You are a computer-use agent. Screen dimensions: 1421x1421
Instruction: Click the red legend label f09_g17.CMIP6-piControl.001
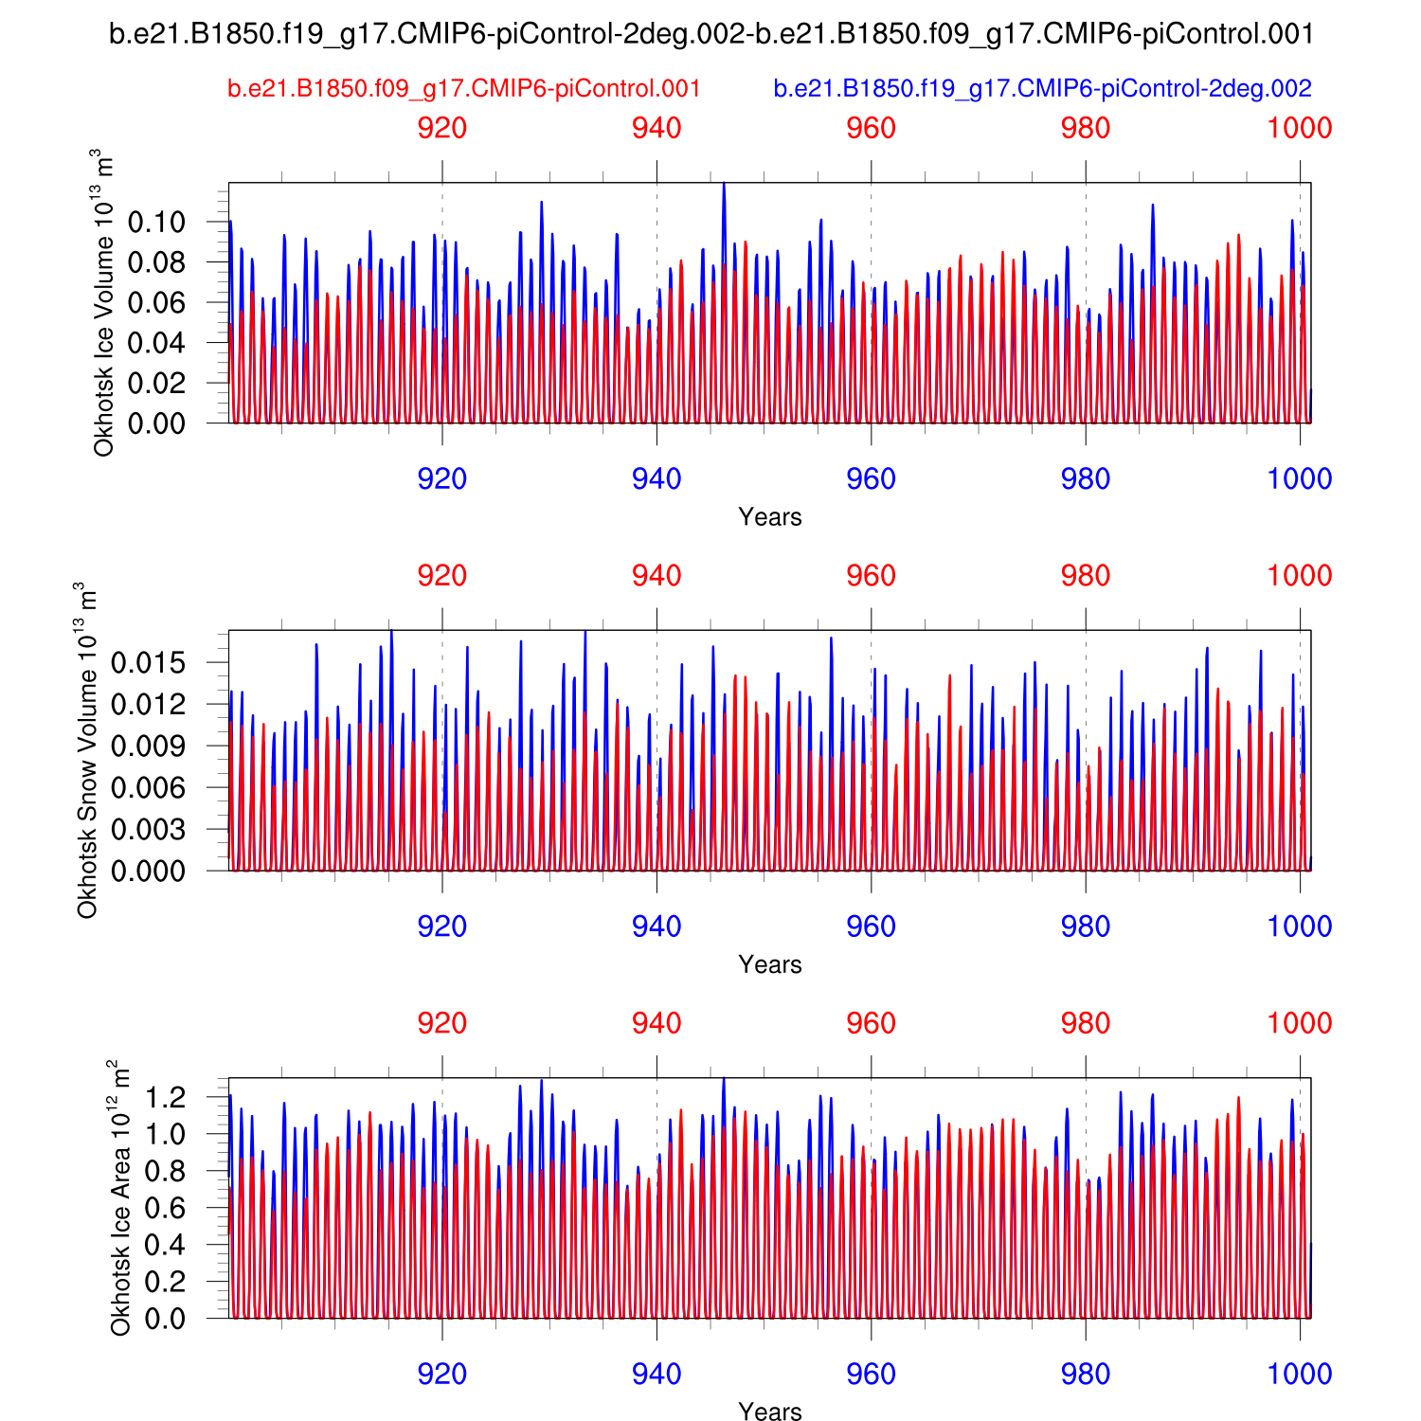(464, 89)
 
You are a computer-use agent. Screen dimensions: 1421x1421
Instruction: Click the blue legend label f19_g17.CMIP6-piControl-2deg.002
(1042, 89)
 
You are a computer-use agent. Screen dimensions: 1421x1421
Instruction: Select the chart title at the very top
(711, 34)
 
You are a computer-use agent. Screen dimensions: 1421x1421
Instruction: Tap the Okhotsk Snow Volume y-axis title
(87, 750)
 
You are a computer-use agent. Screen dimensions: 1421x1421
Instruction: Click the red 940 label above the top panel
(657, 128)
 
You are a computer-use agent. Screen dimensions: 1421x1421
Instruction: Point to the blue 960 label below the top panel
(871, 479)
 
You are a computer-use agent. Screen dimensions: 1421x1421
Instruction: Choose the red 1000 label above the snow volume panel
(1300, 576)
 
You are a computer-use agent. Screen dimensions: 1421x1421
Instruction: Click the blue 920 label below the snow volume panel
(442, 926)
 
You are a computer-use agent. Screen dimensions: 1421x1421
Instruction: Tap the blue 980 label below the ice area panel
(1086, 1375)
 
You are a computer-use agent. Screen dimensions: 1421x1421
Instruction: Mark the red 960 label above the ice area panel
(871, 1024)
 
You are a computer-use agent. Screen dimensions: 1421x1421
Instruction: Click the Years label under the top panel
(770, 517)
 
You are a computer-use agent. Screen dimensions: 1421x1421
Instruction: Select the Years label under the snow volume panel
(770, 964)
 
